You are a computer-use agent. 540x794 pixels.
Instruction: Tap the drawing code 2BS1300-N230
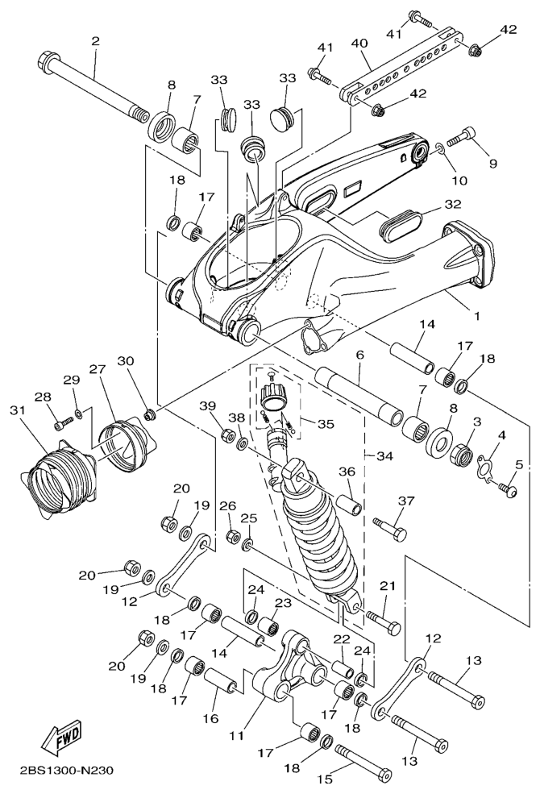[66, 771]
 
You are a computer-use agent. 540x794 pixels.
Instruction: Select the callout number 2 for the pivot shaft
[96, 41]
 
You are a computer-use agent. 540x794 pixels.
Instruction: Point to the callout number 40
[359, 44]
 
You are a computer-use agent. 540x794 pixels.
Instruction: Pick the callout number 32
[453, 204]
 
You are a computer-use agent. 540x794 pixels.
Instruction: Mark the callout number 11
[236, 735]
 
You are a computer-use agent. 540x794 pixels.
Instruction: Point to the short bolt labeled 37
[390, 528]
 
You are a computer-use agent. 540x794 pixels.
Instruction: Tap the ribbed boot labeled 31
[52, 477]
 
